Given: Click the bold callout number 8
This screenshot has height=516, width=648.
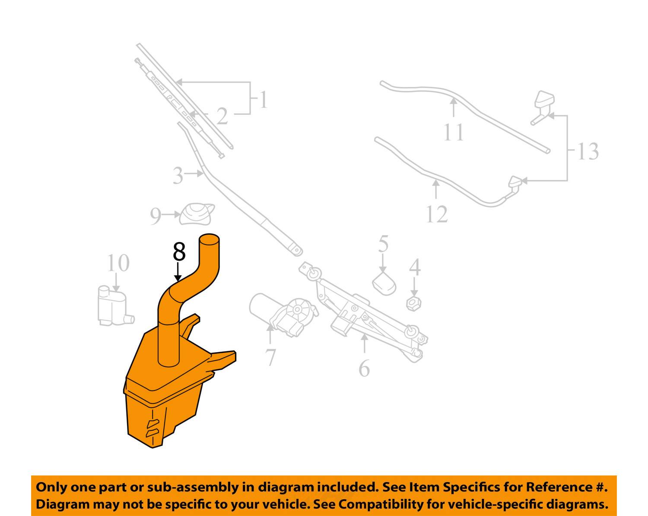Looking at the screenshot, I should [179, 252].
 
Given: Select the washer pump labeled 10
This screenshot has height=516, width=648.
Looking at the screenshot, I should [112, 305].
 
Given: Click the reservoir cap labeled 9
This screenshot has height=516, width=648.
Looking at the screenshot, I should [197, 214].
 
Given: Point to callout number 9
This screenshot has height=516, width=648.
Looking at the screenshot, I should [156, 216].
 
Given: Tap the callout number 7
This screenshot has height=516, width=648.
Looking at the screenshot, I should [270, 357].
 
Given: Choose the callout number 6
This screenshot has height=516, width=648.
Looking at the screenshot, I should [364, 368].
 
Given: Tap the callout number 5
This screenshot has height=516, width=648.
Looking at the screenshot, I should [383, 244].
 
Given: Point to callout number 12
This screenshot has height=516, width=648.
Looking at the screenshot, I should [436, 214].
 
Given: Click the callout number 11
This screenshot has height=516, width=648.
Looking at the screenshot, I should [454, 132].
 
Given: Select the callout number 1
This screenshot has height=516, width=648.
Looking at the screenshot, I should [263, 100].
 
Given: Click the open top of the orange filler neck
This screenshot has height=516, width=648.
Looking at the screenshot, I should [209, 238].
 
